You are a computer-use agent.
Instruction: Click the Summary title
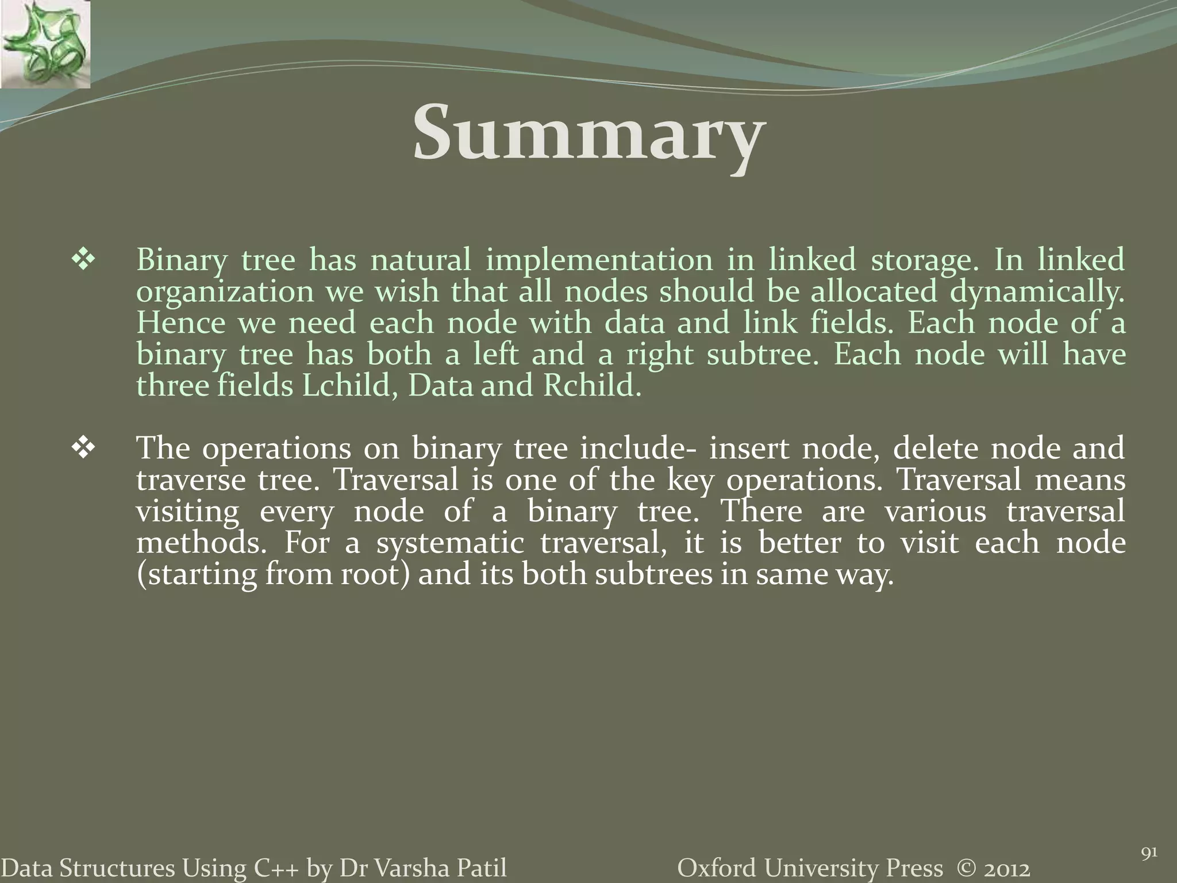tap(588, 133)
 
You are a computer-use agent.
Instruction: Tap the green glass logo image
tap(45, 44)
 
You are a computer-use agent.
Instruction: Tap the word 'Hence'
tap(181, 323)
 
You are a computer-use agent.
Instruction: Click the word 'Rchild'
tap(591, 386)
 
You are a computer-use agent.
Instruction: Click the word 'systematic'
tap(450, 544)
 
